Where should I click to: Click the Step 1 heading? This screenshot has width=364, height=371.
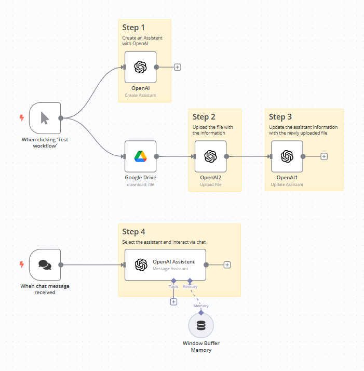click(134, 28)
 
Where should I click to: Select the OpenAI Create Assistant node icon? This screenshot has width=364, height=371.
click(140, 67)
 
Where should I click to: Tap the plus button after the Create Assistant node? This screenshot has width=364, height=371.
click(178, 67)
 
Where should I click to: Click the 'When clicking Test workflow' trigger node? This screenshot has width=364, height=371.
click(45, 118)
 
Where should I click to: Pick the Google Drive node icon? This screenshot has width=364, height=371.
click(140, 156)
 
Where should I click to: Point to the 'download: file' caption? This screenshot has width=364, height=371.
click(140, 184)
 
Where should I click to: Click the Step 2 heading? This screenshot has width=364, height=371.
click(204, 117)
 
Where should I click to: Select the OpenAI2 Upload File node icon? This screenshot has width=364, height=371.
click(210, 156)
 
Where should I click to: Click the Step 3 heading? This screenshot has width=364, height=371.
click(280, 117)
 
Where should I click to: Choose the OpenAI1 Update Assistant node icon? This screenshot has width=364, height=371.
click(287, 156)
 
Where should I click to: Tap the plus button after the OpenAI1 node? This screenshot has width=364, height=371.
click(324, 156)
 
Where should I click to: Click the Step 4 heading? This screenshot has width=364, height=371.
click(134, 232)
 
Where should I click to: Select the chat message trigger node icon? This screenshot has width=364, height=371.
click(45, 265)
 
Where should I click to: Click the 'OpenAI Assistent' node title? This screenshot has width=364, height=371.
click(173, 262)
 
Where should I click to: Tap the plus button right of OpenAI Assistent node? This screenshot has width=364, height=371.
click(227, 265)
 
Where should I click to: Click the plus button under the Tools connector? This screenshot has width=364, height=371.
click(173, 302)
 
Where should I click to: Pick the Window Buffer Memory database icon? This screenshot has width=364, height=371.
click(201, 326)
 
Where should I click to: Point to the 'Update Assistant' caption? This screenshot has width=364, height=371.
click(287, 184)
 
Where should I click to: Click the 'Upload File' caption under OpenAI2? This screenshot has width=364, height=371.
click(210, 184)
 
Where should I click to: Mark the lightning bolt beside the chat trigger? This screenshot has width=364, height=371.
click(22, 264)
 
